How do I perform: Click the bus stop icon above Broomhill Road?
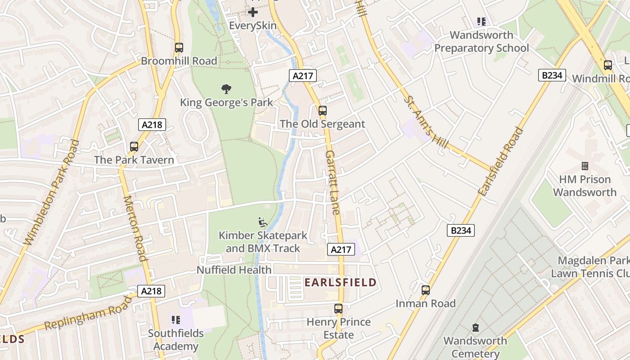click(179, 47)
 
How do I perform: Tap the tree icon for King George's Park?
click(226, 89)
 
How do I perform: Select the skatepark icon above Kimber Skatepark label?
click(262, 222)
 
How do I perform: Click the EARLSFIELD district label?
click(340, 283)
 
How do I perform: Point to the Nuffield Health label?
click(234, 270)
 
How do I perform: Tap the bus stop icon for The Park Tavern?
click(134, 146)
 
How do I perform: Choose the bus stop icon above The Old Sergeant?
click(322, 110)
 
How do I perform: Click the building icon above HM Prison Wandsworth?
click(585, 166)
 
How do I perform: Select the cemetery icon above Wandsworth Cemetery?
click(475, 328)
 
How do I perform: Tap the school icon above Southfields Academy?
click(176, 320)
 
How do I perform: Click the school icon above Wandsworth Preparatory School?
click(481, 22)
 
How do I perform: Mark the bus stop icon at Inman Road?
click(426, 290)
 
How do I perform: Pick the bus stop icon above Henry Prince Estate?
click(338, 309)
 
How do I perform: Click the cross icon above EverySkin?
click(253, 12)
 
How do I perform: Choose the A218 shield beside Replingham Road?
click(151, 291)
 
